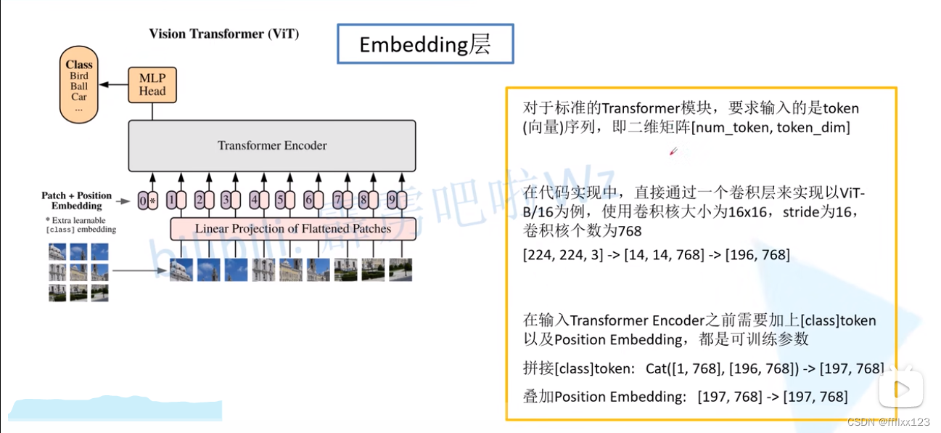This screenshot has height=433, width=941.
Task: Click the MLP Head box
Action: click(x=152, y=85)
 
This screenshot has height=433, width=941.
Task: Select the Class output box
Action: click(x=79, y=85)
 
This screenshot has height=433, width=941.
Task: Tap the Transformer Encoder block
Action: click(x=272, y=145)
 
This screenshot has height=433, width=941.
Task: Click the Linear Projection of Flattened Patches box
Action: click(x=293, y=229)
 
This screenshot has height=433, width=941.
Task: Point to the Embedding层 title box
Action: click(x=425, y=44)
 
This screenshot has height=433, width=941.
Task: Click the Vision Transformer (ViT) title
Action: click(x=224, y=33)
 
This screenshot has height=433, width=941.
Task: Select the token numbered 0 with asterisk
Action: click(x=147, y=200)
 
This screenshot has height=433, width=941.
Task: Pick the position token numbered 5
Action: click(x=282, y=200)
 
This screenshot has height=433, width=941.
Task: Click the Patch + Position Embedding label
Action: click(x=77, y=201)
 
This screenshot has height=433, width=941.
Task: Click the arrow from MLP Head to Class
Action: click(x=113, y=85)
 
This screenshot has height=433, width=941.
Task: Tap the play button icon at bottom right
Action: click(x=900, y=389)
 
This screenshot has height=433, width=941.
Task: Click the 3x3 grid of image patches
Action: click(x=78, y=272)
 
